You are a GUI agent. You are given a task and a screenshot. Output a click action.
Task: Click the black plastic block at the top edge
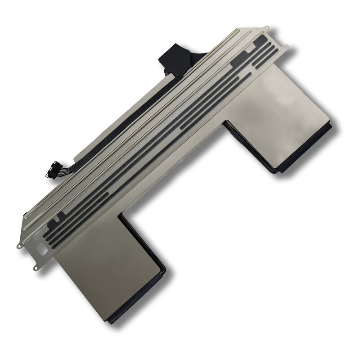177,59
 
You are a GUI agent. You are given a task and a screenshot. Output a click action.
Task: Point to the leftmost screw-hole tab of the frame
19,246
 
